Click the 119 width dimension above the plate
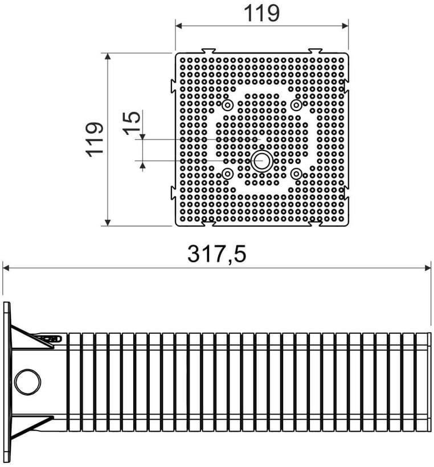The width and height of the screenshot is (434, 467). tap(261, 14)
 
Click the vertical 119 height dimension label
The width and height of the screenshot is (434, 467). tap(95, 140)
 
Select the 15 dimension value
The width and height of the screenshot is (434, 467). tap(133, 122)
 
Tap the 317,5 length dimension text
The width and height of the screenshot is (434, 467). tap(216, 254)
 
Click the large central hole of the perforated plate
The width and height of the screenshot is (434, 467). tap(261, 161)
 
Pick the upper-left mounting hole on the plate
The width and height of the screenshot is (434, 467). tap(228, 105)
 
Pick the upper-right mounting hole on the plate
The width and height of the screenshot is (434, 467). tap(296, 105)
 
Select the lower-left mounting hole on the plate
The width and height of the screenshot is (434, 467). tap(228, 174)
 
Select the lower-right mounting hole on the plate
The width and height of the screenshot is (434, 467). tap(296, 174)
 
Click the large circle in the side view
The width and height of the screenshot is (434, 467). tap(28, 382)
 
